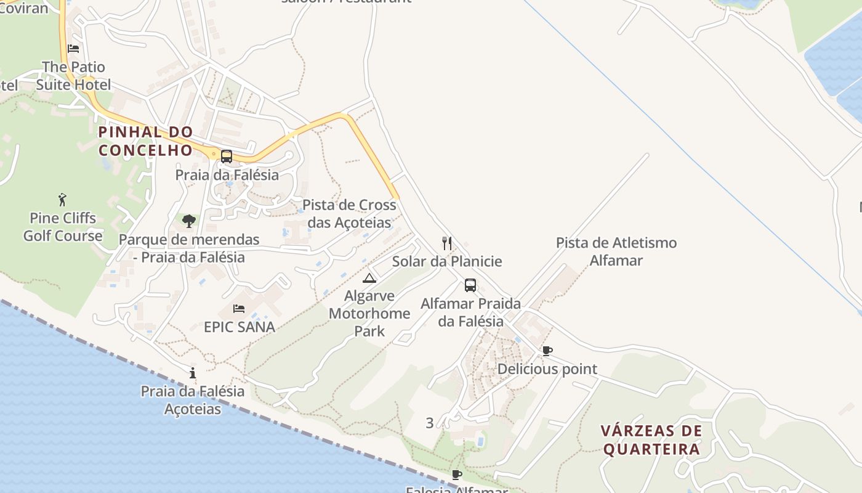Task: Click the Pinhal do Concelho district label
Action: click(x=146, y=141)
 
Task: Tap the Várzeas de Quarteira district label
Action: click(x=651, y=439)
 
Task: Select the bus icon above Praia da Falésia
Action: click(x=227, y=157)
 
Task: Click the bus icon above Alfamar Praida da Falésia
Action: click(x=470, y=285)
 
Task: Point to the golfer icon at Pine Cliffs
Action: click(x=62, y=200)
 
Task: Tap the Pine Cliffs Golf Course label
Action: click(x=63, y=227)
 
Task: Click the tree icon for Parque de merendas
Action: click(x=189, y=221)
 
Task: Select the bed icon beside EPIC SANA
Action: click(x=239, y=309)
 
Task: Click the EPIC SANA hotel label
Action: click(x=240, y=327)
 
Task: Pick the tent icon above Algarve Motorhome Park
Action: click(x=369, y=278)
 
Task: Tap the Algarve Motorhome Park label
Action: click(x=369, y=313)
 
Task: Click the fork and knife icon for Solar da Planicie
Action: click(x=447, y=243)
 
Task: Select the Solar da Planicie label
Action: click(x=447, y=261)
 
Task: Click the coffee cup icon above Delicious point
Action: click(x=547, y=351)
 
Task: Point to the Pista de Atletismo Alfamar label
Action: click(x=616, y=251)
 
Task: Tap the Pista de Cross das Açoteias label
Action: click(x=349, y=213)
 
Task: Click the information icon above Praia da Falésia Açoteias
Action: click(x=193, y=373)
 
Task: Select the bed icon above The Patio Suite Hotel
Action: click(x=73, y=49)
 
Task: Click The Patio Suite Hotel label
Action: click(x=73, y=76)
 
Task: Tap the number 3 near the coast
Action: click(x=430, y=423)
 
